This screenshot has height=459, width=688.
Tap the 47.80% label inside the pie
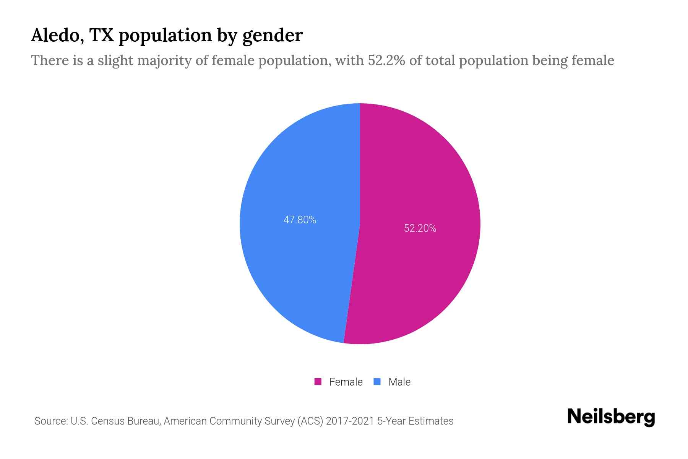[x=300, y=220]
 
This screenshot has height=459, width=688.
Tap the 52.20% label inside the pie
[x=420, y=228]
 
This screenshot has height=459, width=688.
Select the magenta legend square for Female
[x=318, y=382]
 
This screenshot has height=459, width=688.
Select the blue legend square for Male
[x=377, y=382]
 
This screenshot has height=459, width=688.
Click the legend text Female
[x=346, y=382]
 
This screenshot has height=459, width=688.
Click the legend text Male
[x=399, y=382]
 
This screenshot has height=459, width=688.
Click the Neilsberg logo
[x=611, y=417]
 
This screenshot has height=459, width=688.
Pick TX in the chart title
[x=102, y=35]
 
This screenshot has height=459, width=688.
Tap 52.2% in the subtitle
[x=386, y=60]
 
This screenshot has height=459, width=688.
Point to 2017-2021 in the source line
[x=350, y=421]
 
